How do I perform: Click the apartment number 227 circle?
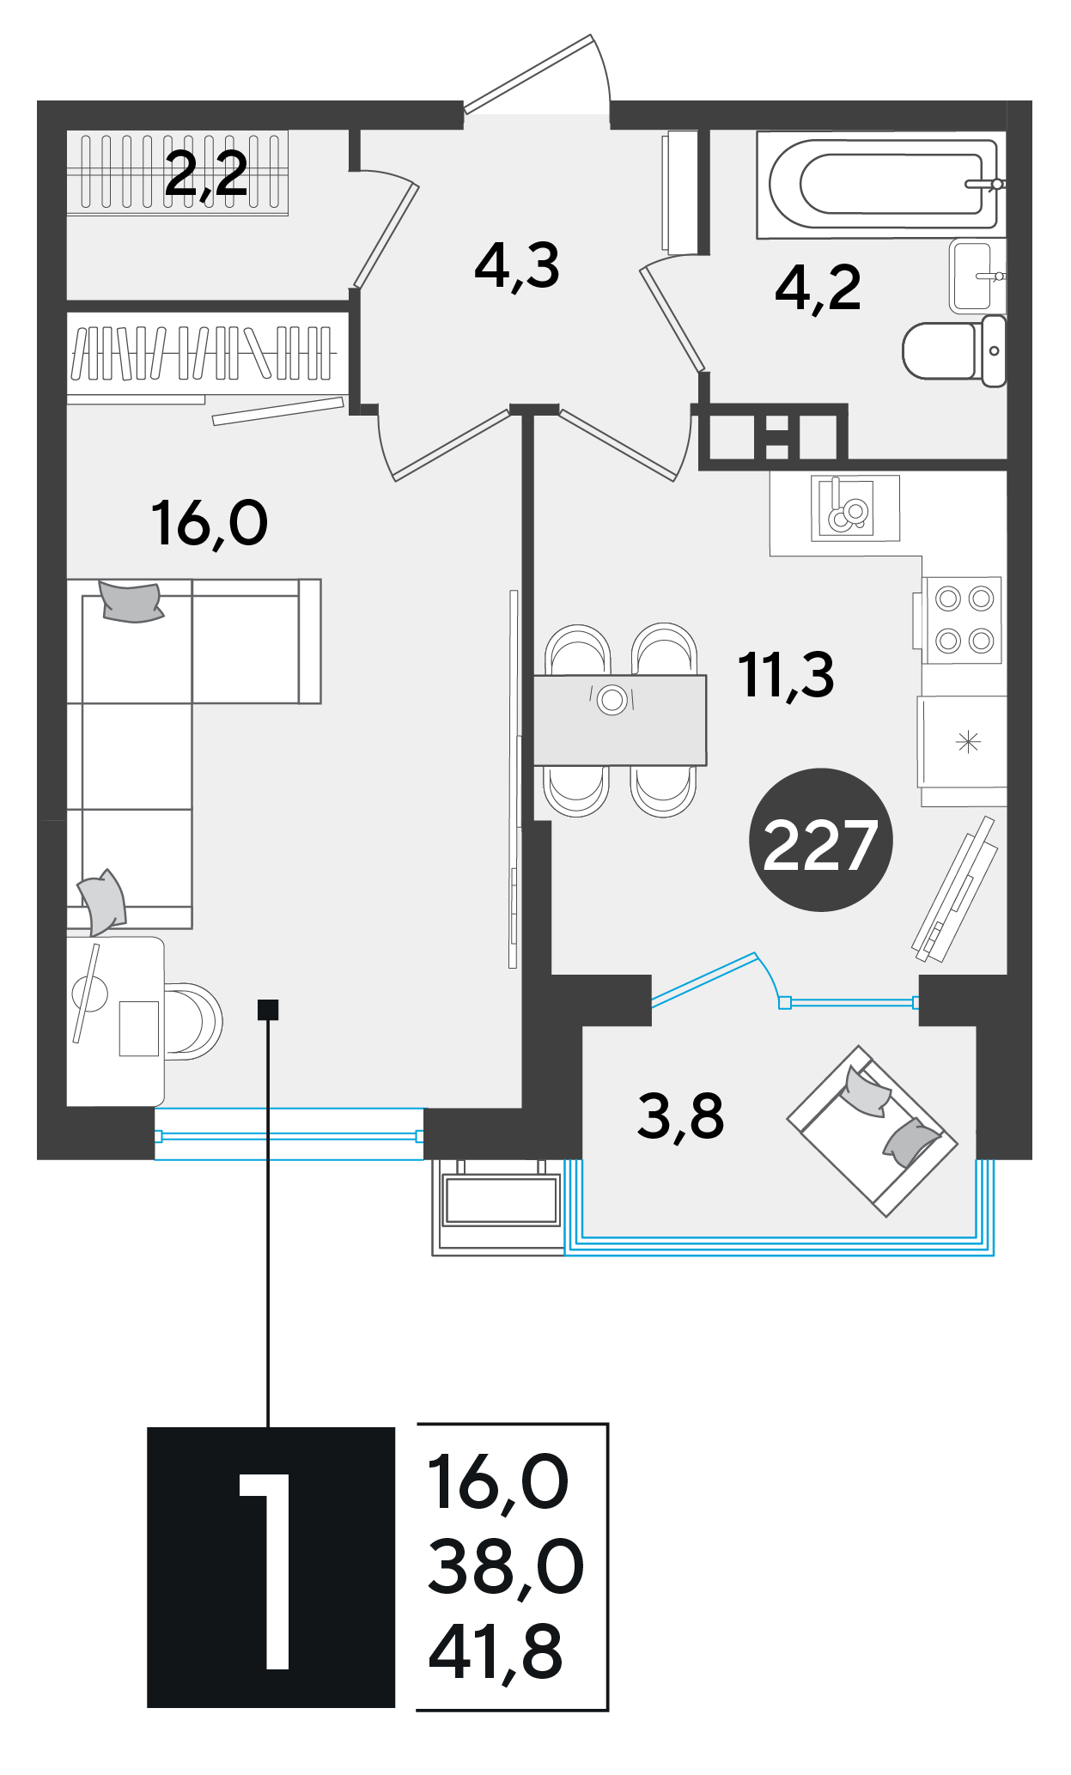click(821, 840)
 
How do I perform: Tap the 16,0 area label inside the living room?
click(210, 524)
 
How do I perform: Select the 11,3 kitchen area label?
click(786, 675)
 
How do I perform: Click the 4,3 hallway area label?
click(517, 266)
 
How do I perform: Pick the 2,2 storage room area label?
click(206, 174)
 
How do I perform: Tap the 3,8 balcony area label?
click(681, 1116)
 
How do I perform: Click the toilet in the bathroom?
click(954, 350)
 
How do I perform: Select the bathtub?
click(881, 184)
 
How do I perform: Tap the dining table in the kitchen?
click(620, 720)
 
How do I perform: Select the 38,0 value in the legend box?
click(506, 1567)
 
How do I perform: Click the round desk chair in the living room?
click(194, 1022)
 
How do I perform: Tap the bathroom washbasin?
click(977, 277)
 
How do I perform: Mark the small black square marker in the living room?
click(268, 1010)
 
